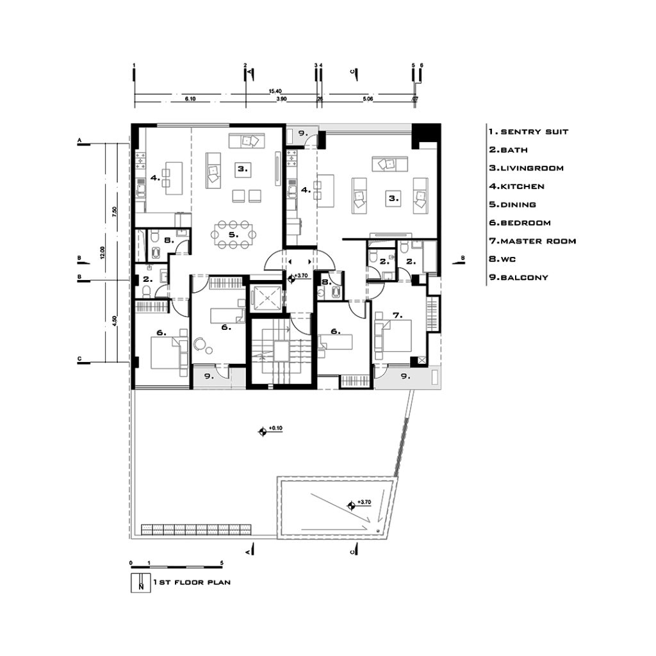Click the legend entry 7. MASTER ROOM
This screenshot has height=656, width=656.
(532, 241)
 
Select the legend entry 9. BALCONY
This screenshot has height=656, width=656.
(518, 277)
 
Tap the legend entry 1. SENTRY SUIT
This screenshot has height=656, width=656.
(529, 132)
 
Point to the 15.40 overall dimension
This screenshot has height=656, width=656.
(275, 91)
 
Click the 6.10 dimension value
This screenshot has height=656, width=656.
(190, 99)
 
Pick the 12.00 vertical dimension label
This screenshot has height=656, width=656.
(102, 252)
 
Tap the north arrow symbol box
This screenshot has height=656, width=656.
(140, 582)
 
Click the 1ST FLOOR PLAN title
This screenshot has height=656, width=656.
(192, 582)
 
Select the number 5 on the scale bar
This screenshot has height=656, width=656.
(222, 562)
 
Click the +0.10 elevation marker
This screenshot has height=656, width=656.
(271, 430)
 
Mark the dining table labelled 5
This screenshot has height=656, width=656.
(233, 234)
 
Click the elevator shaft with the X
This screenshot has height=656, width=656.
(266, 299)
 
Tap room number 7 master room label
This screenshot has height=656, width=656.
(397, 315)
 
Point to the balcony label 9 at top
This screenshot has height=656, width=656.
(303, 133)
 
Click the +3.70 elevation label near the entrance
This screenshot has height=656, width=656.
(301, 275)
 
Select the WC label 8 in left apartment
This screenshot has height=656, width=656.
(168, 240)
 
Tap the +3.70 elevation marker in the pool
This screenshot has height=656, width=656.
(361, 505)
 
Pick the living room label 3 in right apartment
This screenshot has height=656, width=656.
(394, 199)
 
